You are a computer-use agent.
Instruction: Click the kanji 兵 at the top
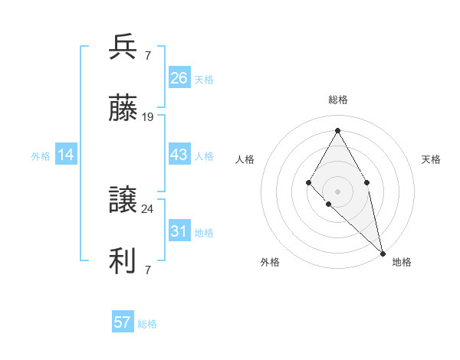pyautogui.click(x=123, y=47)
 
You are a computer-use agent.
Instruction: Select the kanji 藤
pyautogui.click(x=123, y=109)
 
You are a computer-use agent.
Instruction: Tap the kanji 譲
pyautogui.click(x=123, y=201)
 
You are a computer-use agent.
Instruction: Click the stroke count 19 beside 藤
pyautogui.click(x=148, y=117)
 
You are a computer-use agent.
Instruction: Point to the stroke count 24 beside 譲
pyautogui.click(x=148, y=208)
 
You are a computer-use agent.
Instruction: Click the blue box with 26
pyautogui.click(x=179, y=78)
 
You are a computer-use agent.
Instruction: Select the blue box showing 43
pyautogui.click(x=179, y=155)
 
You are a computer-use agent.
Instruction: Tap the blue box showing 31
pyautogui.click(x=179, y=231)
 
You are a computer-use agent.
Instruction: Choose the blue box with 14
pyautogui.click(x=66, y=155)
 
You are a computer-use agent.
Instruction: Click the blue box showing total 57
pyautogui.click(x=123, y=322)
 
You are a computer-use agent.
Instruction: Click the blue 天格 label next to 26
pyautogui.click(x=203, y=80)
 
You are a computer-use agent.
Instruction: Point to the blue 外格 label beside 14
pyautogui.click(x=41, y=156)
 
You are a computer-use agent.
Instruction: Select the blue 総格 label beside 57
pyautogui.click(x=147, y=324)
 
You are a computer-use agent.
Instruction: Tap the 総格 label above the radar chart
pyautogui.click(x=337, y=100)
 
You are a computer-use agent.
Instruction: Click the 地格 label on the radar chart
pyautogui.click(x=402, y=262)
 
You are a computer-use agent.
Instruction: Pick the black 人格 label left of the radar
pyautogui.click(x=245, y=159)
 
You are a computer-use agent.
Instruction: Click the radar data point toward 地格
pyautogui.click(x=383, y=254)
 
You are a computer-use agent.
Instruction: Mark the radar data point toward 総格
pyautogui.click(x=337, y=130)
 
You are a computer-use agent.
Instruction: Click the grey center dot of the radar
pyautogui.click(x=337, y=191)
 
